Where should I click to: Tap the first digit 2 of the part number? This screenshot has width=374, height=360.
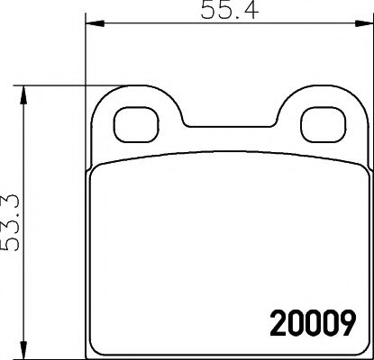(x=275, y=320)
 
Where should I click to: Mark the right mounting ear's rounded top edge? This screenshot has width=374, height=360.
(x=316, y=94)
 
